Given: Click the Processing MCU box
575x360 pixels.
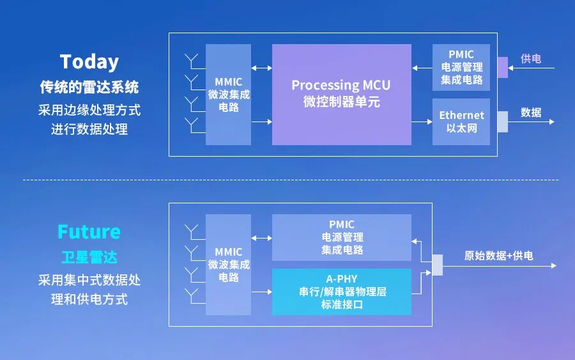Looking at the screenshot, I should [x=341, y=94].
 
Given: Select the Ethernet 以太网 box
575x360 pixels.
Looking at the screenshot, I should [x=461, y=121].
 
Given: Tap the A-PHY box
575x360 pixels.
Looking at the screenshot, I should [x=342, y=292].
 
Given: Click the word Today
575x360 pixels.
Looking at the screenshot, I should [x=89, y=61].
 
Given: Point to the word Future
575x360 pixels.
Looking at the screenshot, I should [x=89, y=231].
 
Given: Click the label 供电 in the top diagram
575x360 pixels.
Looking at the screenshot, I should [x=531, y=59].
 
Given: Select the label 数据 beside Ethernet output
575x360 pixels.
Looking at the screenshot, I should [x=531, y=113].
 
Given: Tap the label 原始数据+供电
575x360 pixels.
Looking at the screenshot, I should [x=498, y=256].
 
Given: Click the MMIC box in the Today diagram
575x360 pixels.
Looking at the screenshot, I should [x=228, y=95].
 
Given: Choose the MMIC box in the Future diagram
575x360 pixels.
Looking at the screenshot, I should [x=228, y=264].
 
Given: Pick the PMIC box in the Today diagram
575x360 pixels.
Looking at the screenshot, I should [x=461, y=67].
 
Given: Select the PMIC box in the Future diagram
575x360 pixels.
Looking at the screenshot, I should [x=342, y=237].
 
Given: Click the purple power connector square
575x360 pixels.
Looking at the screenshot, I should [x=502, y=67].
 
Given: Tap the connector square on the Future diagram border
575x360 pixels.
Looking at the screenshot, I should [x=437, y=265].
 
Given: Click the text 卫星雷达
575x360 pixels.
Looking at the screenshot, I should [x=89, y=258].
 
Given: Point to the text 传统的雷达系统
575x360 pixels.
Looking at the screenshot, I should [x=89, y=87].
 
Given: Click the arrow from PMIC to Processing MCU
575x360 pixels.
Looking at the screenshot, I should [x=422, y=67].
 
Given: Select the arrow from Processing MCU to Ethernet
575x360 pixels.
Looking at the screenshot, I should [x=422, y=121].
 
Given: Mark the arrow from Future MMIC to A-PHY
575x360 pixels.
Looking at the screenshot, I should [x=261, y=292].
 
